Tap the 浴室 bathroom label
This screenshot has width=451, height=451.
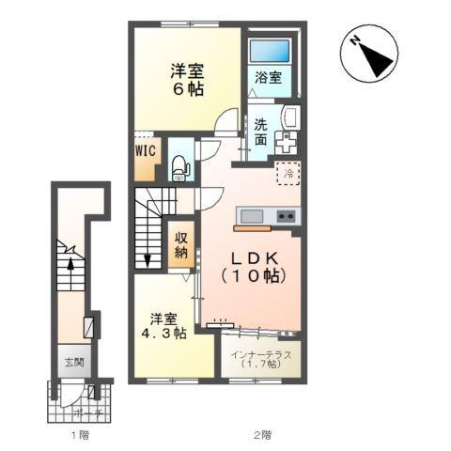(268, 79)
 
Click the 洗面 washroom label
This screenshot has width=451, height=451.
(260, 133)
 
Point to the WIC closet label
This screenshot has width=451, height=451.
(145, 149)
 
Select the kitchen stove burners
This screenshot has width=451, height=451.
(286, 217)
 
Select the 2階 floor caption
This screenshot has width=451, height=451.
(263, 435)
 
